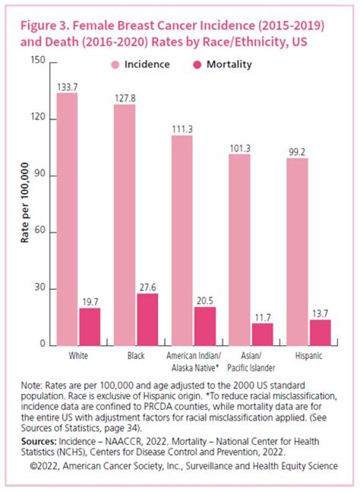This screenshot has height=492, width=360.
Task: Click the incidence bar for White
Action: pos(67,219)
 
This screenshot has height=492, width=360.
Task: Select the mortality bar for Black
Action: pos(147,319)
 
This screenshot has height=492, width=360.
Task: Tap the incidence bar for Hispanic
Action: pos(297,252)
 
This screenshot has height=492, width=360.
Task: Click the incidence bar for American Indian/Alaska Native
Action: pos(182,240)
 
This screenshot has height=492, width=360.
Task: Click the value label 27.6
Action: pos(147,288)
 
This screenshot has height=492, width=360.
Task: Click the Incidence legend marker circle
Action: pos(114,65)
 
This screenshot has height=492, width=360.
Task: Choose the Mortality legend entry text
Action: pos(229,65)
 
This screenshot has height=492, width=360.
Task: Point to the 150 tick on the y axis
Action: pos(39,61)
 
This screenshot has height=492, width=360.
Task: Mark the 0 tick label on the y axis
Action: pos(43,345)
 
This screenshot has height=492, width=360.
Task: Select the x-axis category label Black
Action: pos(135,356)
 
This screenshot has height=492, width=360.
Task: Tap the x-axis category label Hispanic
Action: pos(308,356)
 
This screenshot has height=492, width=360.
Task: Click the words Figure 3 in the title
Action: pos(43,26)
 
